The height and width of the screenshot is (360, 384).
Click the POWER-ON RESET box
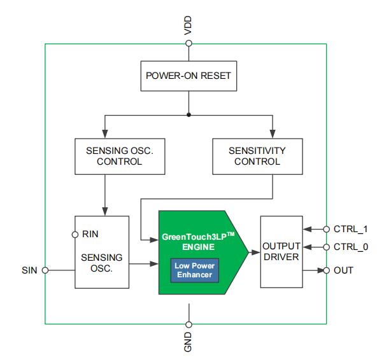[188, 76]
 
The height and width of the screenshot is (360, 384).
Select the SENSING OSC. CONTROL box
[119, 156]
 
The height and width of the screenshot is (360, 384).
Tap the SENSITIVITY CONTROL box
[257, 156]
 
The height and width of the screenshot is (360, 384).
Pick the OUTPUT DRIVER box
[281, 252]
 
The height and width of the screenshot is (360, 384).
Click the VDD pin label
[188, 25]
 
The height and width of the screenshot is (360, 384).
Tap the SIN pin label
[29, 270]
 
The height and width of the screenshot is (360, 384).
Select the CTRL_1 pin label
[351, 228]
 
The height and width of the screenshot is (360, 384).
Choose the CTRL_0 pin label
[351, 247]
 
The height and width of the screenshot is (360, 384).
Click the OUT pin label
[344, 270]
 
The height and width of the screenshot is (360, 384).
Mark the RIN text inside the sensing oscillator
[90, 233]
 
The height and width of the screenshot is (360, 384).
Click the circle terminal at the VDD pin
[188, 43]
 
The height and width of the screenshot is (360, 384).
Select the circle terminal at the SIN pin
[45, 270]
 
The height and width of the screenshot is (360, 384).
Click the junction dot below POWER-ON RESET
[188, 115]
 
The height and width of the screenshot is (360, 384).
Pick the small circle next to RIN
[76, 233]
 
